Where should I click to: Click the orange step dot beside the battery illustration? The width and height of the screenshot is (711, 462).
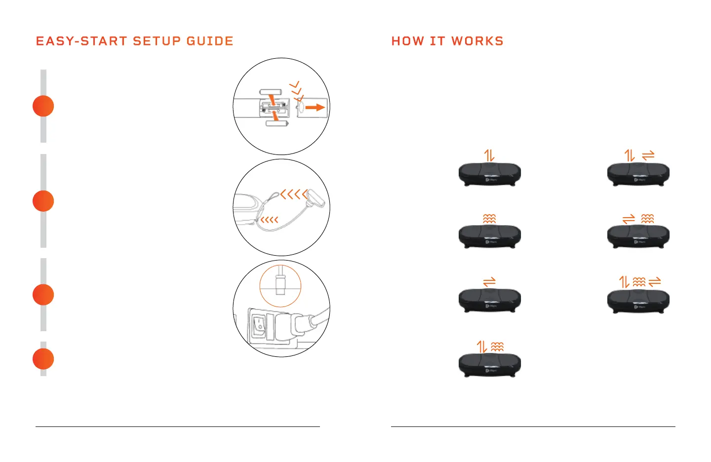point(43,106)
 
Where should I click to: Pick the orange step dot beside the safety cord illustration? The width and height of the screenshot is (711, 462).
point(43,201)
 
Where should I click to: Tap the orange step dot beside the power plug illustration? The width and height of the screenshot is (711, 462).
point(43,295)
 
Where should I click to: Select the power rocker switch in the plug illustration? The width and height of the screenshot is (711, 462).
point(258,324)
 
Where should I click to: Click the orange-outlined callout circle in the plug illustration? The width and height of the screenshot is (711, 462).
point(280,286)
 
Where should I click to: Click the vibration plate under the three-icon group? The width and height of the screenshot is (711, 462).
point(638,301)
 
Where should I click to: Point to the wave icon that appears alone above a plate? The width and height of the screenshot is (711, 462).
point(489,218)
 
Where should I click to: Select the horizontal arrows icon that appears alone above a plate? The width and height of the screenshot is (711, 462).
point(489,282)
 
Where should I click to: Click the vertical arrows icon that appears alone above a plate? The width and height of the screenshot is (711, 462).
point(489,155)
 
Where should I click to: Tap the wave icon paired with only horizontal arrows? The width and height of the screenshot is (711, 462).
point(647,218)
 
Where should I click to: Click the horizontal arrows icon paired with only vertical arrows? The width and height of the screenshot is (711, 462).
point(648,155)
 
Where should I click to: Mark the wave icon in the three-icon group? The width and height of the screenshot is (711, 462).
point(639,282)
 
